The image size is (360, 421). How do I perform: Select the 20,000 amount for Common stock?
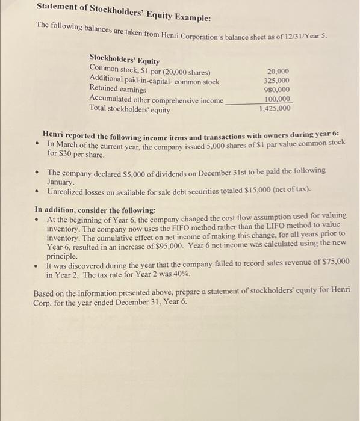point(278,71)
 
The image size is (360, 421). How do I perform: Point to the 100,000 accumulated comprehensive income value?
point(277,99)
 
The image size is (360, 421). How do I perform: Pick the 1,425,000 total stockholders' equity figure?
point(275,109)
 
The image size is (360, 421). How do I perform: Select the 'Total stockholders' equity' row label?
point(129,109)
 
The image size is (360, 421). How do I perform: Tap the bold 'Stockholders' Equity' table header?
point(124,61)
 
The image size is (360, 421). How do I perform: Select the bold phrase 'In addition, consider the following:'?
point(95,210)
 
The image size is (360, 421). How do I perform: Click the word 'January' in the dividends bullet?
point(60,181)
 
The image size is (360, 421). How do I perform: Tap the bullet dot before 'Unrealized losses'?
point(37,191)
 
